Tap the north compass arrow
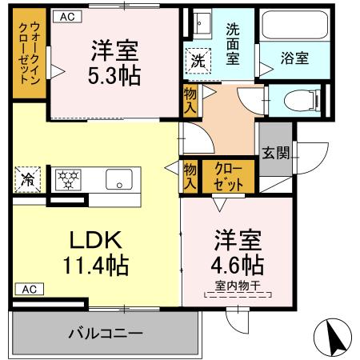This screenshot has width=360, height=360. (x=338, y=335)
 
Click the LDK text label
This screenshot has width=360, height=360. (x=91, y=239)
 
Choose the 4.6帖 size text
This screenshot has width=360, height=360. (x=236, y=263)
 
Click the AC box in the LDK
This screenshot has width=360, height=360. (x=28, y=289)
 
